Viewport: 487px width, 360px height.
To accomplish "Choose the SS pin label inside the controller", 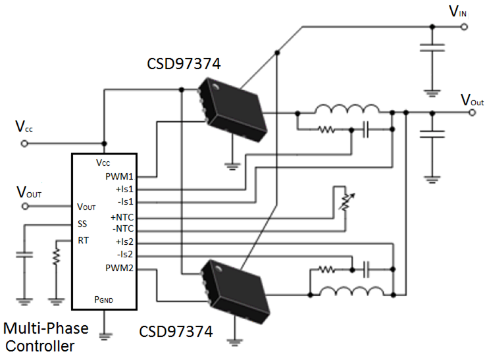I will pyautogui.click(x=82, y=224).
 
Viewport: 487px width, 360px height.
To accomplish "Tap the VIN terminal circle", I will pyautogui.click(x=464, y=27).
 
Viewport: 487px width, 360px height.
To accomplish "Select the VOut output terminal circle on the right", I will pyautogui.click(x=472, y=113).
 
